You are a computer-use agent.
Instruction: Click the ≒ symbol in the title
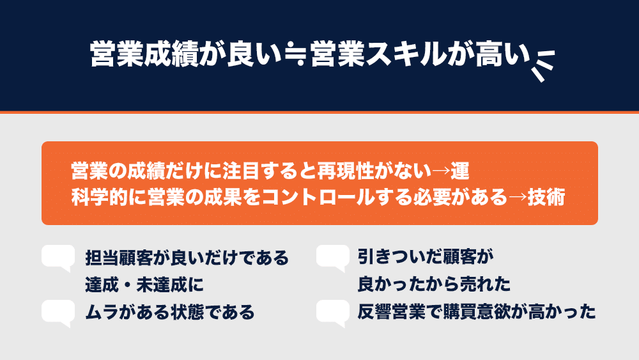[x=295, y=55]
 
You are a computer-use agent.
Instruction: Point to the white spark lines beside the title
[x=543, y=65]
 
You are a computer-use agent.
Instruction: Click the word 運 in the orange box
[x=460, y=171]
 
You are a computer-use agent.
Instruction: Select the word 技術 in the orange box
[x=546, y=198]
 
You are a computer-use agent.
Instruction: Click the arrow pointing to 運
[x=441, y=171]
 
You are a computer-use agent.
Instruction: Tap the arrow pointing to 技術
[x=518, y=198]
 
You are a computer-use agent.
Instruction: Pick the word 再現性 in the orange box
[x=346, y=171]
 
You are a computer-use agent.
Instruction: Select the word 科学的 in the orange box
[x=100, y=198]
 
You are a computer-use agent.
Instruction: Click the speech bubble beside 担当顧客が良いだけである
[x=58, y=258]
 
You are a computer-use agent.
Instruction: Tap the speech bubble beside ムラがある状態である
[x=58, y=313]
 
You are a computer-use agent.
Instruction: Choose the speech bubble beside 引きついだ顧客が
[x=333, y=258]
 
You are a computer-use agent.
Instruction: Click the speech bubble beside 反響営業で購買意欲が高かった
[x=333, y=313]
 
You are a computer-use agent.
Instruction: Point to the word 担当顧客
[x=119, y=258]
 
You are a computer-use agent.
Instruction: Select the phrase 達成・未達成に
[x=144, y=285]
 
